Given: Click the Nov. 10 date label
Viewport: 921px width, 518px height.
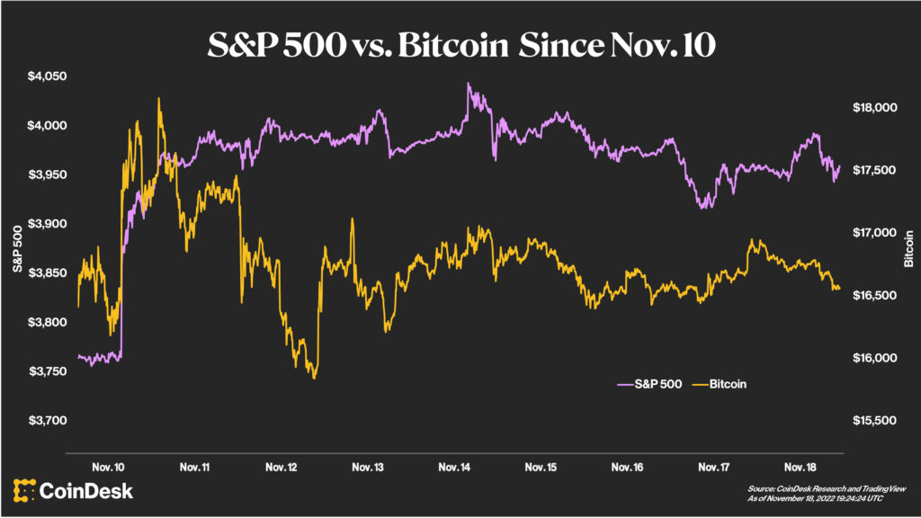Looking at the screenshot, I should point(109,468).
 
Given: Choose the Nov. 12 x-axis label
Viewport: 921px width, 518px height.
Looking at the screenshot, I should point(282,468).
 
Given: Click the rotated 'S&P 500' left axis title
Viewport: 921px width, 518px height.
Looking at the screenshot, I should point(17,249).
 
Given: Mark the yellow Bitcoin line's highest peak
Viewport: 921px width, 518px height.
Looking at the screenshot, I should point(159,98).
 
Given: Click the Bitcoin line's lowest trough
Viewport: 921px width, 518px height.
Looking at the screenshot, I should point(314,378).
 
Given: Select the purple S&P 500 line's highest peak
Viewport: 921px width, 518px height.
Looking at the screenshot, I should point(468,84).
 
